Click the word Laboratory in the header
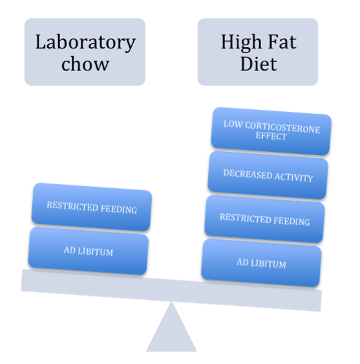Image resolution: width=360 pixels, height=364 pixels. pyautogui.click(x=85, y=43)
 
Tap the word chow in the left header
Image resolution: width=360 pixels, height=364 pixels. pyautogui.click(x=85, y=64)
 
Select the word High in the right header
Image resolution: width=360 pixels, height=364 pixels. pyautogui.click(x=241, y=43)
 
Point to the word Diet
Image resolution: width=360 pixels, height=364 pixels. pyautogui.click(x=259, y=63)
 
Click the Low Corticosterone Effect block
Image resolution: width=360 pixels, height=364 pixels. pyautogui.click(x=271, y=131)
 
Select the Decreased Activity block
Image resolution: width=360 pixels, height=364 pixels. pyautogui.click(x=268, y=175)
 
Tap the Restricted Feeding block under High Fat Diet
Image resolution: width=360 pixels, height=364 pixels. pyautogui.click(x=264, y=219)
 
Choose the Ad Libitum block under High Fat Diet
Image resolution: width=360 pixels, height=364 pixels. pyautogui.click(x=261, y=263)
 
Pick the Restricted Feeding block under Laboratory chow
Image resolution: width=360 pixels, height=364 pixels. pyautogui.click(x=92, y=207)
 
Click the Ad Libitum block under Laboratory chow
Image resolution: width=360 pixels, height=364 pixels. pyautogui.click(x=89, y=251)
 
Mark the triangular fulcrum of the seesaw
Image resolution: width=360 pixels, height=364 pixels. pyautogui.click(x=171, y=326)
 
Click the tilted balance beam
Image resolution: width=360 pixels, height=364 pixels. pyautogui.click(x=171, y=290)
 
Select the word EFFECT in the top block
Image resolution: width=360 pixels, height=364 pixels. pyautogui.click(x=271, y=136)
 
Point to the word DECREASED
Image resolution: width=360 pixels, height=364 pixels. pyautogui.click(x=248, y=174)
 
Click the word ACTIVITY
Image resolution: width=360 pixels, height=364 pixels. pyautogui.click(x=294, y=177)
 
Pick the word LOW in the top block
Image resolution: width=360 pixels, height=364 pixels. pyautogui.click(x=233, y=124)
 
